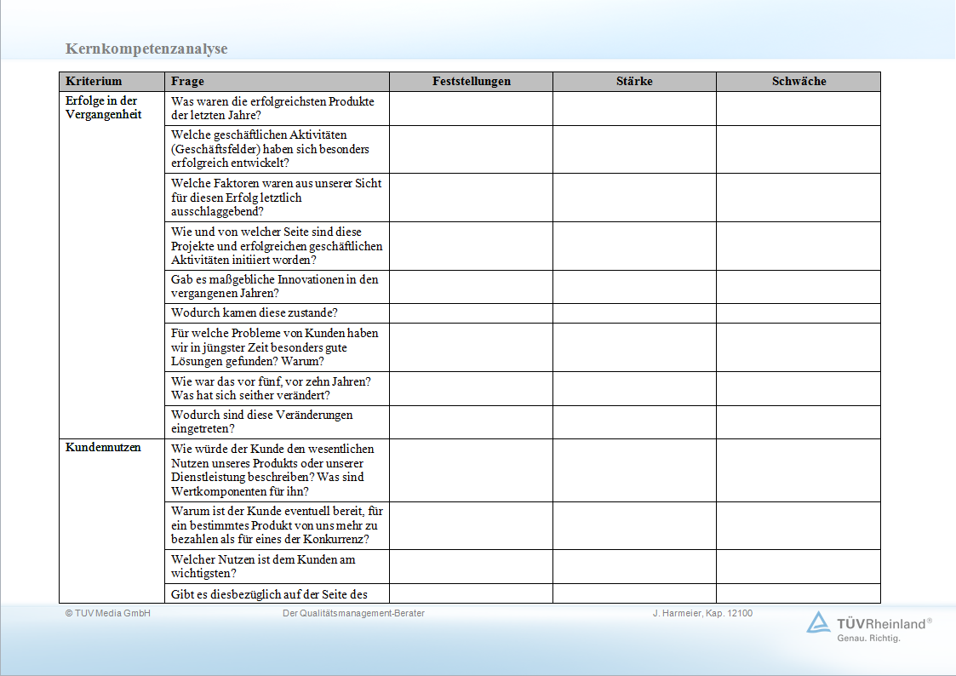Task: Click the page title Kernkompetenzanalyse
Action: (146, 49)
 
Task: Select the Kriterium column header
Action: (94, 82)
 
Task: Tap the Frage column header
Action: (187, 82)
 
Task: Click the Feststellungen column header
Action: (471, 82)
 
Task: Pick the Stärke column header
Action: (634, 82)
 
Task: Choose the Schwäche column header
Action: (799, 82)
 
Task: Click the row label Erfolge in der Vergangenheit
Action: (103, 108)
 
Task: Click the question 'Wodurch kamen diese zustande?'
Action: (254, 313)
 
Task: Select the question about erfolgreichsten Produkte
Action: (272, 108)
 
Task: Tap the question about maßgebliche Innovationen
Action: (274, 287)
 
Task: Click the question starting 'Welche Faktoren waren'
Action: (276, 198)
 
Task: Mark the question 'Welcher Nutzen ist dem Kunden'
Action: (263, 566)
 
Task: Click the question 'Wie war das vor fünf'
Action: (271, 388)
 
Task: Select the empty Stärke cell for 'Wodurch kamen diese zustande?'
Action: (634, 313)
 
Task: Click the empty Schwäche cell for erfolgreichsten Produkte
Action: (799, 108)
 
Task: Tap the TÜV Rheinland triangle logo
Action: (818, 622)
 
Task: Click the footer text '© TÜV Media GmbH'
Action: (108, 613)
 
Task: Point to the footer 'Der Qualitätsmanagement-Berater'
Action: (353, 613)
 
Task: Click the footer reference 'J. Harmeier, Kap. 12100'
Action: (702, 613)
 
